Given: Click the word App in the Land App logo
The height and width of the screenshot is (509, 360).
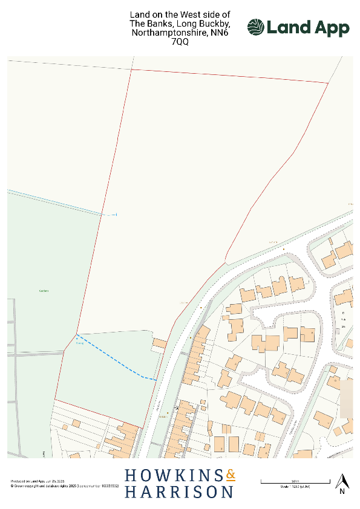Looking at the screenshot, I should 330,28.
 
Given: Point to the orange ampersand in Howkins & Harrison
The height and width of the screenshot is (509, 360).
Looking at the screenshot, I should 230,476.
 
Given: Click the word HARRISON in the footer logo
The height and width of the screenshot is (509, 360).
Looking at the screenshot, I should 179,492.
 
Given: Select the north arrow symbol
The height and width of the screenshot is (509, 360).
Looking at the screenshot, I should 342,481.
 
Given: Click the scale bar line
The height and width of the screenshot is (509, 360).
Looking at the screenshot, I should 295,482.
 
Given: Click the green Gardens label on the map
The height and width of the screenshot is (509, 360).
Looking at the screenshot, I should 43,290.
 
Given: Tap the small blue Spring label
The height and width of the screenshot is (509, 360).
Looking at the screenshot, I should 79,343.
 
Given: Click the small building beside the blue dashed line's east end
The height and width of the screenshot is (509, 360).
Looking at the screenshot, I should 159,343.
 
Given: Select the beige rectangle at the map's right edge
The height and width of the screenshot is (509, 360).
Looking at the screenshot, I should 346,399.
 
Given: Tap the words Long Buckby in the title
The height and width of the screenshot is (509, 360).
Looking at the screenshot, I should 203,24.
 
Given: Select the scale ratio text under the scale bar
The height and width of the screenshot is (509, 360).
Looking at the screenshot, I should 295,487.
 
